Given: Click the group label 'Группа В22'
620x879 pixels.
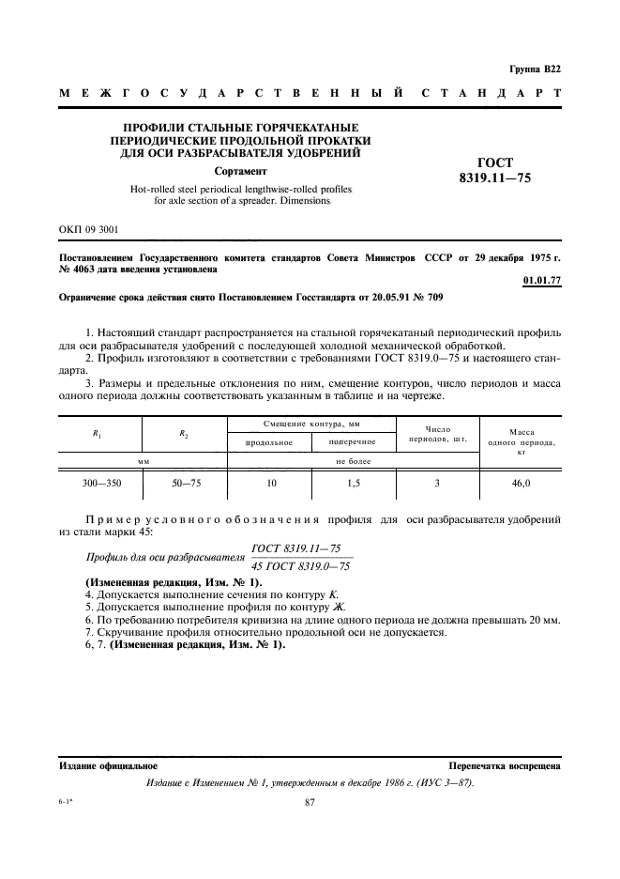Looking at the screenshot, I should pos(535,69).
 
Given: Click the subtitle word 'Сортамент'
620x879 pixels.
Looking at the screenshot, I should pos(241,172).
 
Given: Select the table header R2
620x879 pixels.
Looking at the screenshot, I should pos(183,433).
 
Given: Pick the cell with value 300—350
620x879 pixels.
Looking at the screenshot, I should pos(99,483).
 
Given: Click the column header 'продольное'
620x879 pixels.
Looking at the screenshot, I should pos(269,441).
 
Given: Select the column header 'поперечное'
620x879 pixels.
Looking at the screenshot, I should pos(352,441).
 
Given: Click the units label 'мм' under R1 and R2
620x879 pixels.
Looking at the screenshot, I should pos(144,461).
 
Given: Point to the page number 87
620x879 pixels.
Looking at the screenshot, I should pos(311,801).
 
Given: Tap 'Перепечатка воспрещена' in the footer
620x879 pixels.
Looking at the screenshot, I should pos(505,766).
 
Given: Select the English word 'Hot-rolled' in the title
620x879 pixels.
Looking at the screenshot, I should pos(152,189).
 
